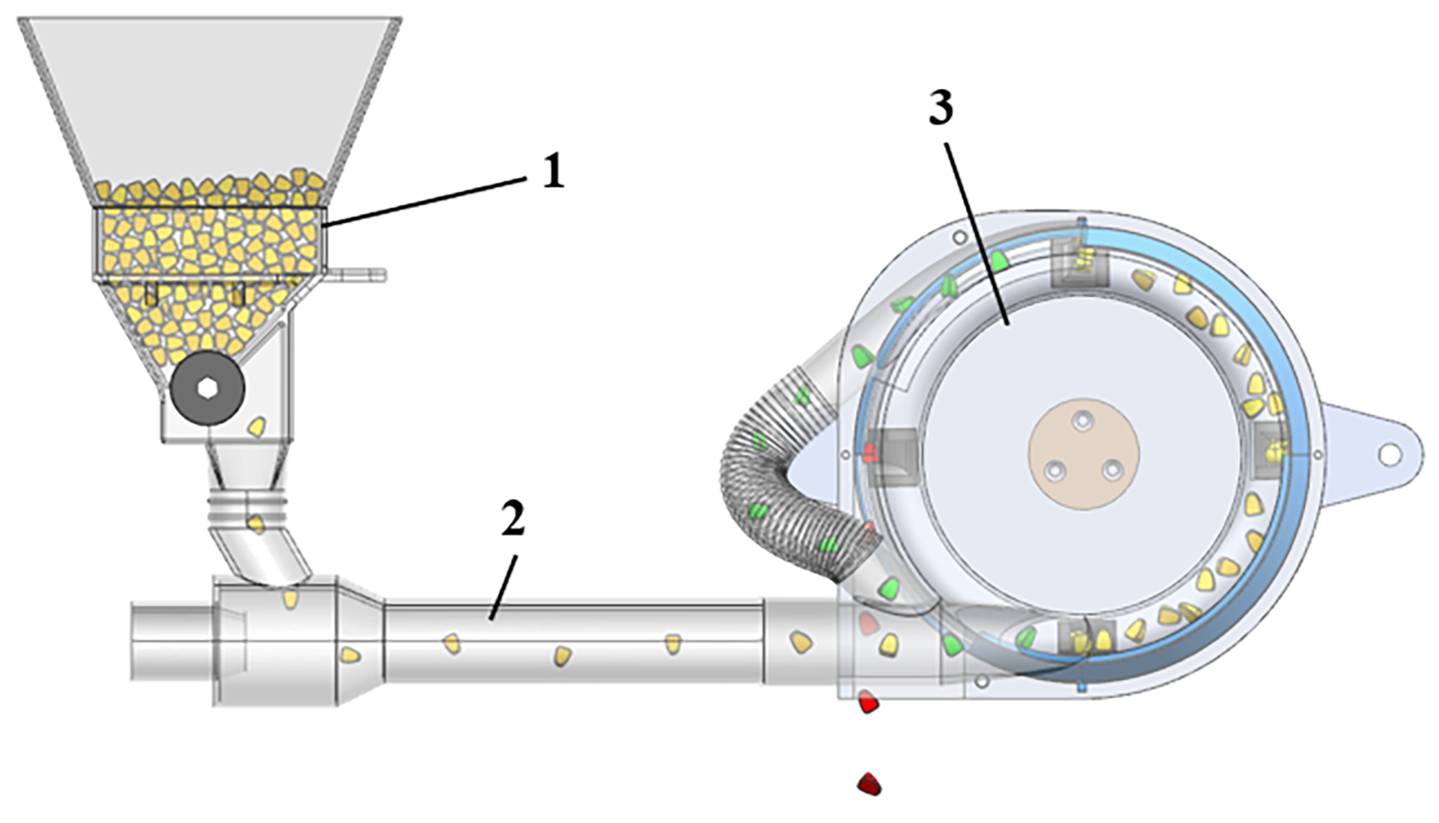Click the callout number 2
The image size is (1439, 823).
(512, 520)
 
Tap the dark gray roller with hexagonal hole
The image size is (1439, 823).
(207, 388)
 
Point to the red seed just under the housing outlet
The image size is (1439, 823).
(869, 702)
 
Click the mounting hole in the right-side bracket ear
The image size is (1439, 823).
(1389, 455)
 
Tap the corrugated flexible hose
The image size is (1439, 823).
(769, 472)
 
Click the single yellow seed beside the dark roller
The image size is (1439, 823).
(257, 426)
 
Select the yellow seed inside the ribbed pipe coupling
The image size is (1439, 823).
(257, 523)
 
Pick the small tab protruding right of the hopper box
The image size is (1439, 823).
(358, 274)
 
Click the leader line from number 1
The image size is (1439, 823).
(426, 200)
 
